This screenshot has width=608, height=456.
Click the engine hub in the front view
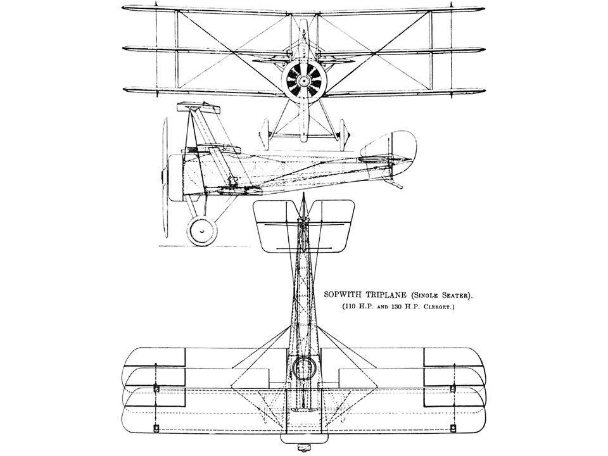304,80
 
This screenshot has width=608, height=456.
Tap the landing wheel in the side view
201,231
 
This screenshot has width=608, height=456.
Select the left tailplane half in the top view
275,225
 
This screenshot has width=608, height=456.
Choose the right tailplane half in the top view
331,225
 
